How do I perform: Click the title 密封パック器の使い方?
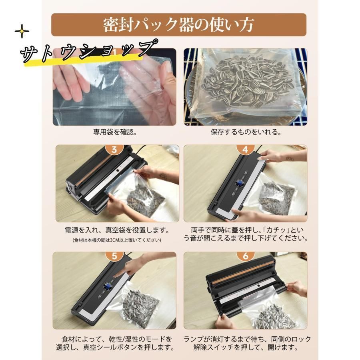[x=178, y=25]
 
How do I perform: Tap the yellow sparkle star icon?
[x=22, y=31]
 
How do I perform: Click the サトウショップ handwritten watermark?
[x=89, y=51]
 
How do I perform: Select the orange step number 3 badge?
[x=114, y=149]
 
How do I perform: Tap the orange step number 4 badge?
[x=246, y=149]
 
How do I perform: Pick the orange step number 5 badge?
[x=114, y=256]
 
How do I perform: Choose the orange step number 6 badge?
[x=246, y=256]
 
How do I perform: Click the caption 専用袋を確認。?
[x=115, y=132]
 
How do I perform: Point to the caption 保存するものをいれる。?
[x=246, y=132]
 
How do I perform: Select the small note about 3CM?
[x=117, y=240]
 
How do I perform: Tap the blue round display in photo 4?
[x=239, y=184]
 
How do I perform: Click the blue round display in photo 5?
[x=108, y=286]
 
